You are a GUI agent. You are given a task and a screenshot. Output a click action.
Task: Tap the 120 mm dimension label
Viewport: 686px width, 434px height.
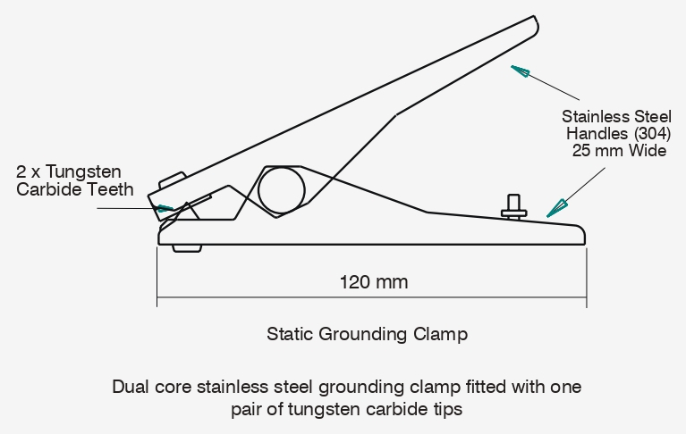click(x=374, y=282)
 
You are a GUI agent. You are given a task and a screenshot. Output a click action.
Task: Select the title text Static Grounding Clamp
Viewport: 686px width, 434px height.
click(x=367, y=335)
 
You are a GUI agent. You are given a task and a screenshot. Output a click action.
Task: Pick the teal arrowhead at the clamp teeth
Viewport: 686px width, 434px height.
click(x=165, y=208)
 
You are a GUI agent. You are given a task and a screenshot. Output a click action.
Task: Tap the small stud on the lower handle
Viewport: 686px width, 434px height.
click(x=514, y=204)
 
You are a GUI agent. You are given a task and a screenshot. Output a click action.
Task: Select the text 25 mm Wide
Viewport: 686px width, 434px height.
click(x=619, y=150)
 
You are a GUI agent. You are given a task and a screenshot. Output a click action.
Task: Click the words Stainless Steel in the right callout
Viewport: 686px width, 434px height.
click(x=615, y=116)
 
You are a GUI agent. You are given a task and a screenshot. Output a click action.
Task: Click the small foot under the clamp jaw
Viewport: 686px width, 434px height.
click(x=187, y=247)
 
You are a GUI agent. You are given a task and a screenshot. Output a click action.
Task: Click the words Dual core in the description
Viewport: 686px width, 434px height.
click(x=148, y=388)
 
